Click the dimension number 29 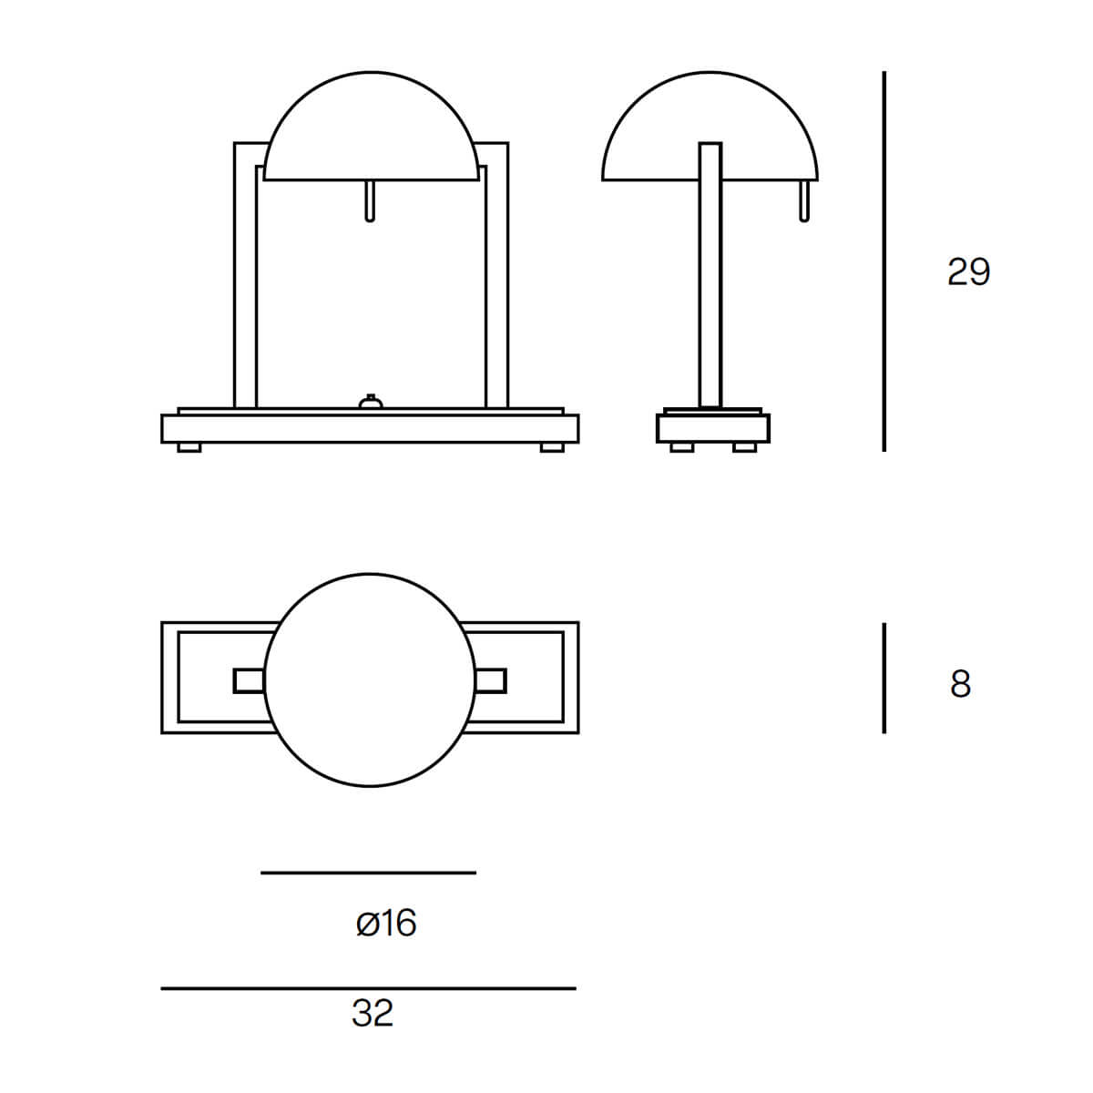[969, 271]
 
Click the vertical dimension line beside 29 [884, 260]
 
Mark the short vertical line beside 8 [884, 678]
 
